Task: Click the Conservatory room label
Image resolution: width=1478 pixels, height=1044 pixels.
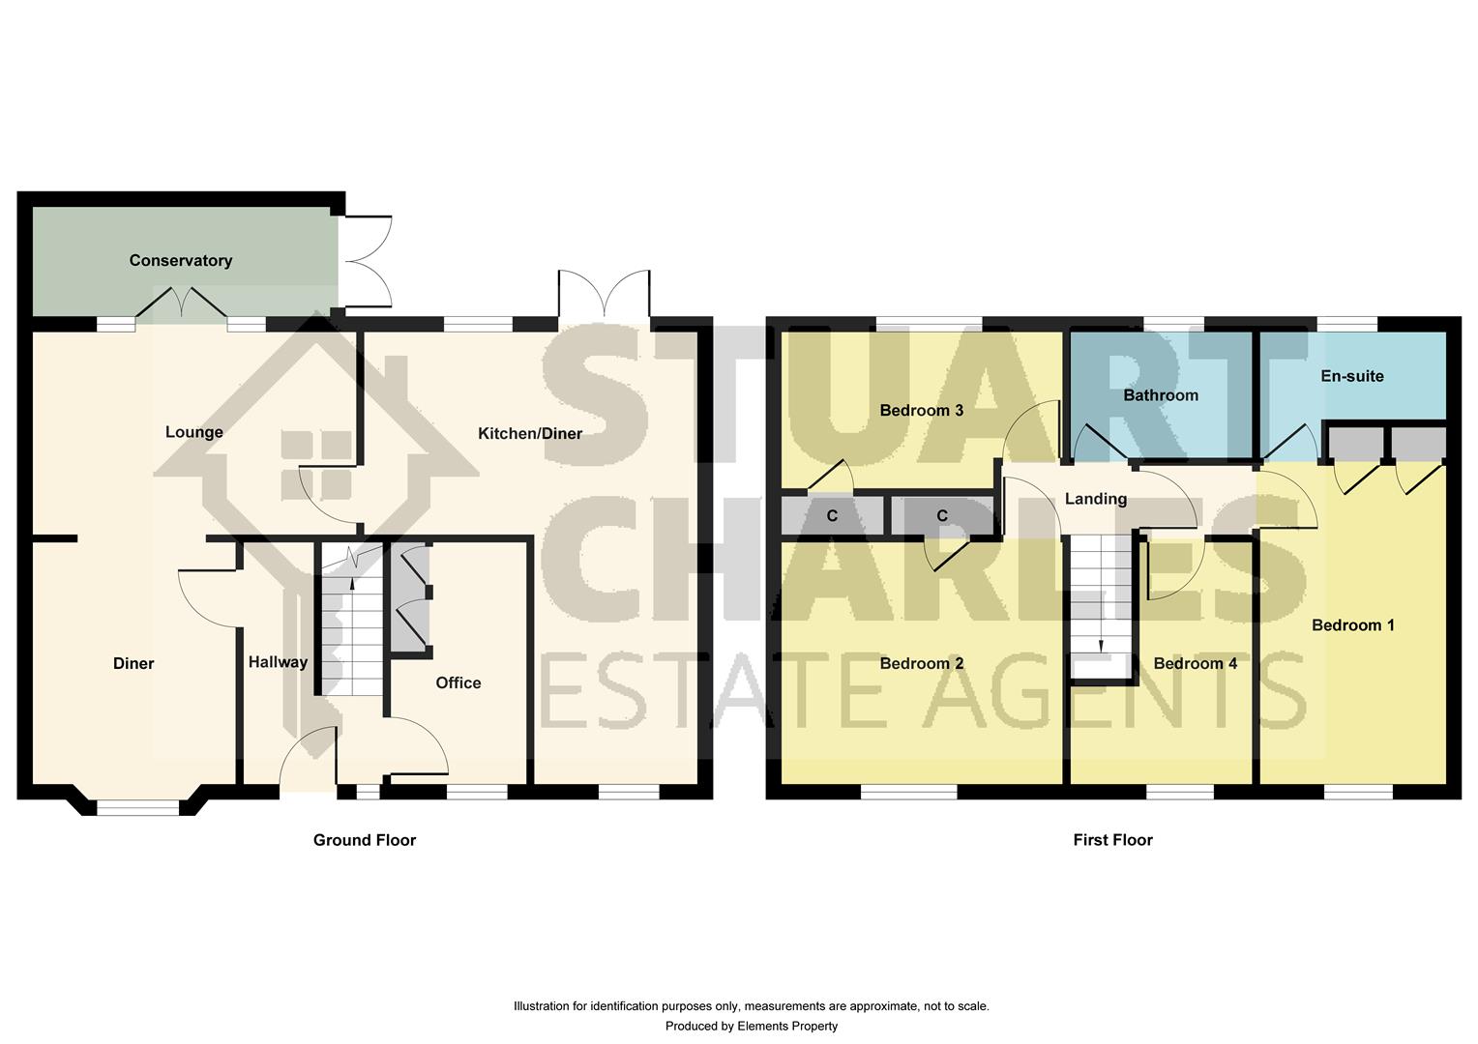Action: (x=181, y=260)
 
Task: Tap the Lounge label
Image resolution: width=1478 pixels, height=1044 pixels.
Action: (x=194, y=432)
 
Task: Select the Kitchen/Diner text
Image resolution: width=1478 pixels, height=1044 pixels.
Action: (x=530, y=433)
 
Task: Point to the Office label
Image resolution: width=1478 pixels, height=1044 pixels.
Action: (x=458, y=682)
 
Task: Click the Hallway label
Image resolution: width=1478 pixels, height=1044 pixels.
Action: (x=278, y=662)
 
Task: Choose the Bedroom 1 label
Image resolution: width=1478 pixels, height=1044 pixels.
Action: (x=1352, y=625)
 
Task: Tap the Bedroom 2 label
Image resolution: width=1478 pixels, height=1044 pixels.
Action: (x=922, y=663)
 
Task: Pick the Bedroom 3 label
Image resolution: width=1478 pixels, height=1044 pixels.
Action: (x=922, y=410)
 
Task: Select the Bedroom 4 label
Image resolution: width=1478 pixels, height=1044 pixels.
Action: (x=1195, y=663)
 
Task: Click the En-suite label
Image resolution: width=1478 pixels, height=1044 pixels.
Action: (x=1352, y=376)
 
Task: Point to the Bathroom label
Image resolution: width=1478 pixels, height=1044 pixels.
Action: (x=1161, y=395)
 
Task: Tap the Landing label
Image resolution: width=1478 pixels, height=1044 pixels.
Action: (x=1095, y=499)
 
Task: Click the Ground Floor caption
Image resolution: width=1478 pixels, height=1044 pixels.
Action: (x=365, y=840)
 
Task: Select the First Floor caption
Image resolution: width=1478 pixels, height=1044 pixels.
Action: (x=1112, y=840)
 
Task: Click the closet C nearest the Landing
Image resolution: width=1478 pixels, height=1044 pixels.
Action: (x=942, y=515)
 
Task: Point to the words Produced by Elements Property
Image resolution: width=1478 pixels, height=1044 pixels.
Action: (x=752, y=1026)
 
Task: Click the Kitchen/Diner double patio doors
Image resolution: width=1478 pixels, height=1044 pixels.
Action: (x=604, y=294)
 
